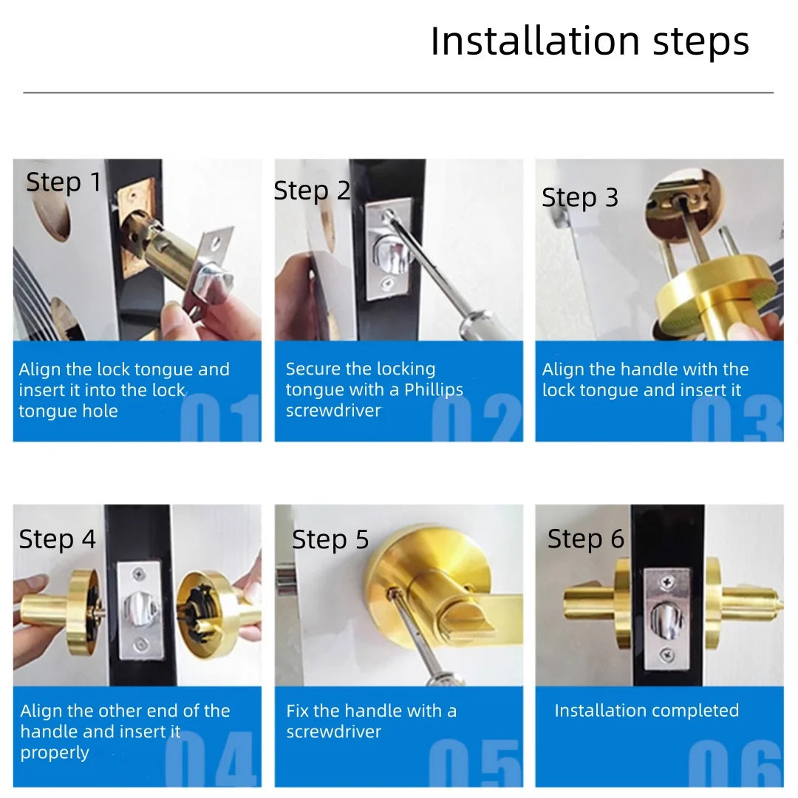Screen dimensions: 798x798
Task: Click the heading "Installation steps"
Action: click(x=590, y=41)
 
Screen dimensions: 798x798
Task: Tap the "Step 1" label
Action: click(x=64, y=182)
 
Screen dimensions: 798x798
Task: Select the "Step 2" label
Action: click(x=312, y=191)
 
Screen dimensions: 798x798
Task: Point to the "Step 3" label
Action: click(x=579, y=198)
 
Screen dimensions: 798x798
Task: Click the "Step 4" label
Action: click(x=58, y=539)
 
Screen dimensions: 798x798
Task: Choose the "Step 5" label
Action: click(x=330, y=539)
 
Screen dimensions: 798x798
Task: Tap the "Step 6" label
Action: click(x=586, y=539)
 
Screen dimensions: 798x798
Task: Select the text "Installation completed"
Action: click(x=647, y=710)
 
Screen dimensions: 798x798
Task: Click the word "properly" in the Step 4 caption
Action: click(x=55, y=753)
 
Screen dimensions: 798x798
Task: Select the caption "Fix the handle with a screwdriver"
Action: click(x=371, y=721)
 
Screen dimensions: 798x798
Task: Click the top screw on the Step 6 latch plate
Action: click(x=667, y=583)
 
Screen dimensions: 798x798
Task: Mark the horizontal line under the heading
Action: click(x=398, y=93)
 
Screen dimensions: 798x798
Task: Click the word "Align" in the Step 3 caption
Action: click(x=565, y=369)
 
